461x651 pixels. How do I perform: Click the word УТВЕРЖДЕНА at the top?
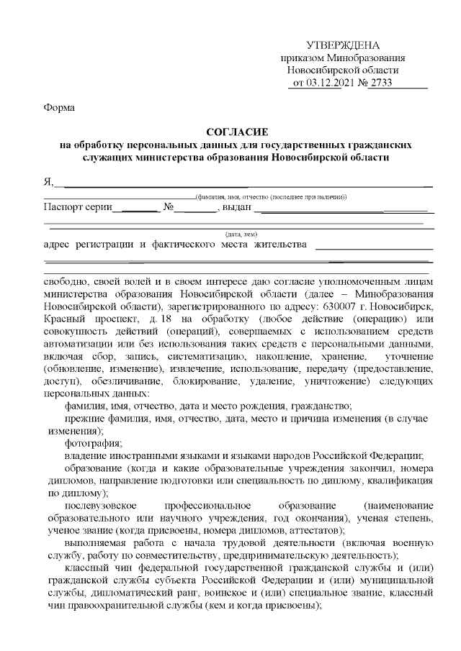[x=342, y=45]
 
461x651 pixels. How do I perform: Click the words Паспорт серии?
[x=78, y=208]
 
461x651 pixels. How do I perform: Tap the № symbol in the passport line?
[x=171, y=208]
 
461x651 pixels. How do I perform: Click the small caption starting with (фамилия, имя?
[x=271, y=196]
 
